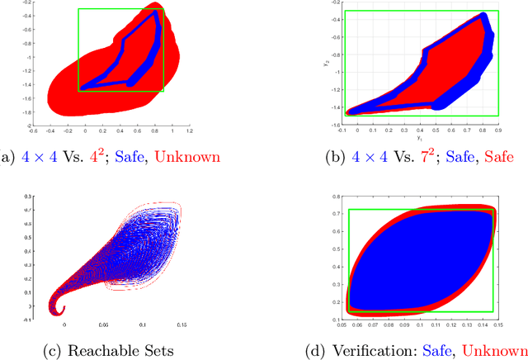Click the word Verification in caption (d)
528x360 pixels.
[x=384, y=350]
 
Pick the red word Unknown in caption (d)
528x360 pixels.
[x=495, y=350]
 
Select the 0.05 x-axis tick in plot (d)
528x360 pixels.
[x=341, y=327]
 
